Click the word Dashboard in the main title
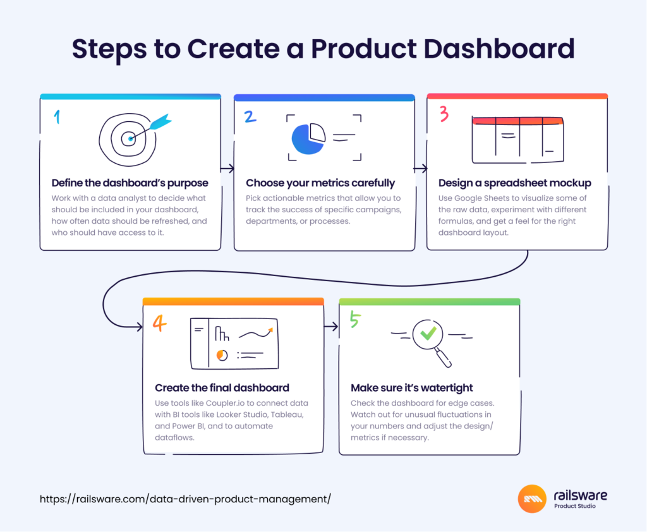499,49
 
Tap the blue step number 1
57,117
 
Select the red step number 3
444,114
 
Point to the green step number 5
355,319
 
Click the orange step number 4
160,323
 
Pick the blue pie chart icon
308,138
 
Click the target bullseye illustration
128,140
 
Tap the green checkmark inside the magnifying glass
428,332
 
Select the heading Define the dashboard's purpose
130,183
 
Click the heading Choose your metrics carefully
320,183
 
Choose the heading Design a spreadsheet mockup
514,183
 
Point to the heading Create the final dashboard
222,387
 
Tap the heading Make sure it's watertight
412,387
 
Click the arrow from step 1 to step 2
227,169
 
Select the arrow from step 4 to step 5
331,327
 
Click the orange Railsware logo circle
532,499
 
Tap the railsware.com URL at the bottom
185,499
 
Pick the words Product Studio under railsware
575,506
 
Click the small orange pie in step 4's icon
222,355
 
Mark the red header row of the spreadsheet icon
518,121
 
